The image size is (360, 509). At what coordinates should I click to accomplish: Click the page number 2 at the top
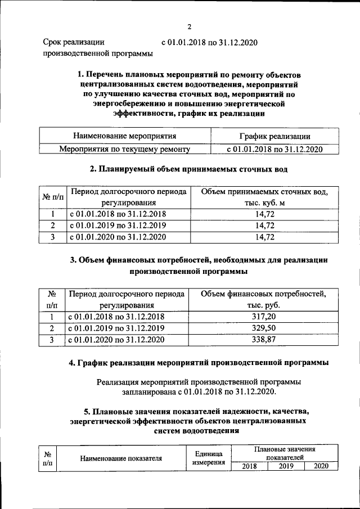point(190,26)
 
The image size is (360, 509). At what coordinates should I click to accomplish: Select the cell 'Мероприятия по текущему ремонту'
point(124,149)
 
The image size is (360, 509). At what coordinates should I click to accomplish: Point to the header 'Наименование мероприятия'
point(124,136)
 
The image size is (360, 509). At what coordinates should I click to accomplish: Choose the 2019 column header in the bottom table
point(286,466)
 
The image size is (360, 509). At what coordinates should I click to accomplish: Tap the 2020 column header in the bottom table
point(321,466)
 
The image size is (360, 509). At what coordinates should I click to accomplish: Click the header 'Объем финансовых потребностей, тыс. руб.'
point(264,299)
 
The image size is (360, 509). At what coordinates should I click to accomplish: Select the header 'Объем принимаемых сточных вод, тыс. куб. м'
point(264,197)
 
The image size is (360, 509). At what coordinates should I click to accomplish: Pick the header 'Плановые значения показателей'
point(284,454)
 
